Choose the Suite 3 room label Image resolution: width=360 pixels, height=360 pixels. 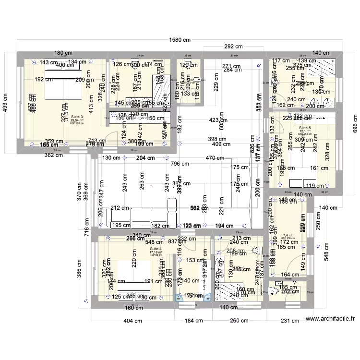(77, 117)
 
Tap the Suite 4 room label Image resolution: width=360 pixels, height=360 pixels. (156, 249)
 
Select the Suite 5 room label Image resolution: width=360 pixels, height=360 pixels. (305, 128)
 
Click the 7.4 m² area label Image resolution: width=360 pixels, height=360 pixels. (288, 235)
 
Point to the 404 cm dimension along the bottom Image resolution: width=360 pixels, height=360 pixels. (133, 321)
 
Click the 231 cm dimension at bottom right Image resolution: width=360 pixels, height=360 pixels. (289, 321)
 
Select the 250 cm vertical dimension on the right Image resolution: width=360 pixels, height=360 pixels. (318, 222)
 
